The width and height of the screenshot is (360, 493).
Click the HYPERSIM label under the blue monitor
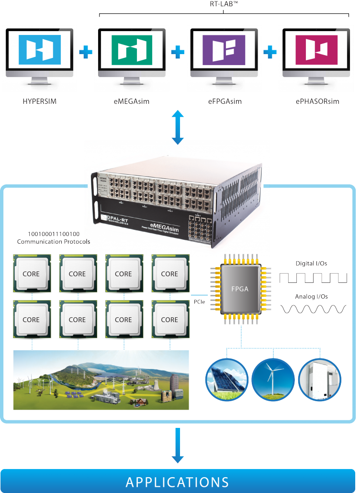[39, 101]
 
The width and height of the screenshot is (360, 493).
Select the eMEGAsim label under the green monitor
[132, 101]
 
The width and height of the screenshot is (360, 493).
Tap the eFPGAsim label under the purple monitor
[224, 101]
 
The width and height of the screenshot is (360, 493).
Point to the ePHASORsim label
[317, 101]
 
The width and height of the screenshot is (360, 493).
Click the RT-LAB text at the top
[224, 4]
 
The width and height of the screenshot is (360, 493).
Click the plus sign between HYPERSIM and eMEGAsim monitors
[86, 52]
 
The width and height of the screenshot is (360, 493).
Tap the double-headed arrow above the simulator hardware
[178, 127]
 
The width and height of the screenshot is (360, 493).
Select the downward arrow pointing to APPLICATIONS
[178, 445]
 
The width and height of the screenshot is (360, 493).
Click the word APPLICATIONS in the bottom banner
[178, 482]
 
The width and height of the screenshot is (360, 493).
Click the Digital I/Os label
[312, 263]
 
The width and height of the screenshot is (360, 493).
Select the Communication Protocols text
[54, 242]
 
